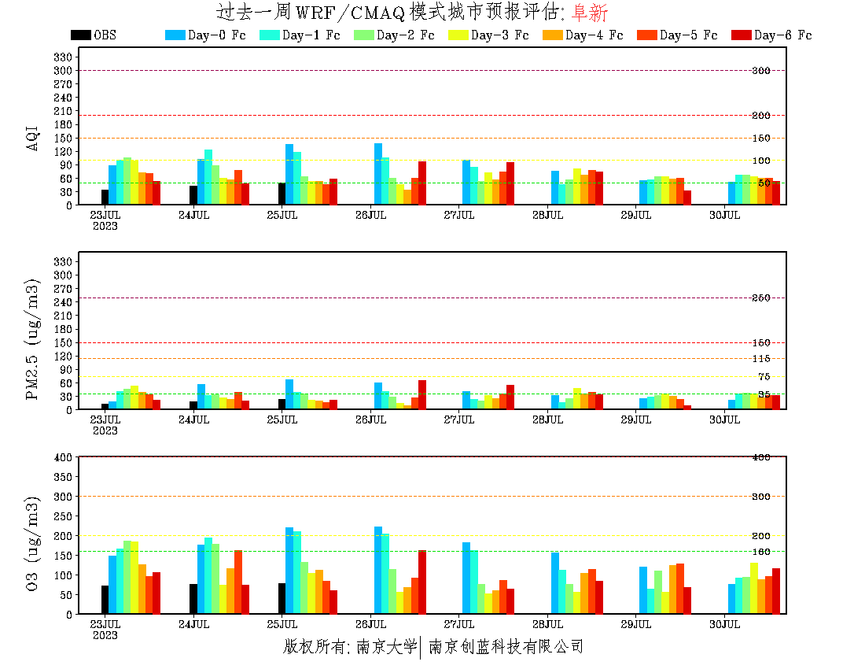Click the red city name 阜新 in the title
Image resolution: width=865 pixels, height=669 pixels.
click(589, 13)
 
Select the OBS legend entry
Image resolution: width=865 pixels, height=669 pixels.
click(94, 35)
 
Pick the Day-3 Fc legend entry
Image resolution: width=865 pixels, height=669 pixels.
click(488, 35)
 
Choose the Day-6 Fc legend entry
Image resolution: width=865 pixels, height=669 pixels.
click(771, 35)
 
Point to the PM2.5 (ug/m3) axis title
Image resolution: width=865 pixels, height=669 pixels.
click(33, 338)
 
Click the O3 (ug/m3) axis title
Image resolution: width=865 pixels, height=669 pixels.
click(33, 543)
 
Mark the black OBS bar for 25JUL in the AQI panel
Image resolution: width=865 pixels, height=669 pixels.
click(282, 194)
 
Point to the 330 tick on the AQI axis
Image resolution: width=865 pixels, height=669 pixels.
click(64, 57)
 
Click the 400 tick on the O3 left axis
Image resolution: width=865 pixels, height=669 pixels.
click(64, 457)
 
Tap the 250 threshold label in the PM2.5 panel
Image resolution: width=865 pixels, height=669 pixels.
click(760, 298)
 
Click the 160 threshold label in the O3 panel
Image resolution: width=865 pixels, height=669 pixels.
click(760, 552)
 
